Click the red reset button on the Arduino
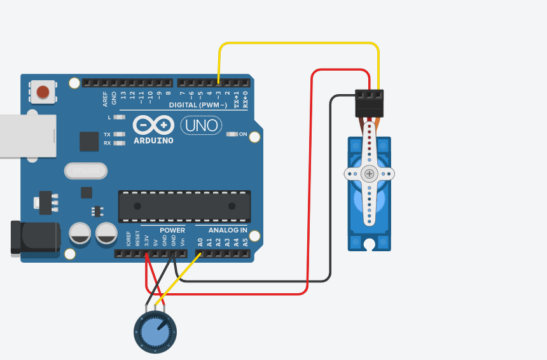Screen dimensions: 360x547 [43, 92]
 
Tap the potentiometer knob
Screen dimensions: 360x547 [155, 331]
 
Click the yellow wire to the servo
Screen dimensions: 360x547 [299, 43]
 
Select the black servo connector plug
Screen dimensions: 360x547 [370, 103]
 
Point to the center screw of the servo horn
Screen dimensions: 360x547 [369, 174]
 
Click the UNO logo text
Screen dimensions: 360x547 [202, 125]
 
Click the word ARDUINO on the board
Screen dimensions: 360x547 [153, 141]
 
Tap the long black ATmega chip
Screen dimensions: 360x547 [184, 206]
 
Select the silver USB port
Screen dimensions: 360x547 [25, 136]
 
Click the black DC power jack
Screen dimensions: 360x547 [35, 238]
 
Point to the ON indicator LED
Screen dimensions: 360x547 [233, 134]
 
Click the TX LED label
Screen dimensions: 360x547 [107, 135]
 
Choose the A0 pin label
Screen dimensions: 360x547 [200, 242]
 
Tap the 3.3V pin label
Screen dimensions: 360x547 [146, 241]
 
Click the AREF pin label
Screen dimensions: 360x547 [106, 98]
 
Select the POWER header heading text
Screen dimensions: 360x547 [172, 230]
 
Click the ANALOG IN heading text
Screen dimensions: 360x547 [227, 230]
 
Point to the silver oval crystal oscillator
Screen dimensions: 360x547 [86, 171]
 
